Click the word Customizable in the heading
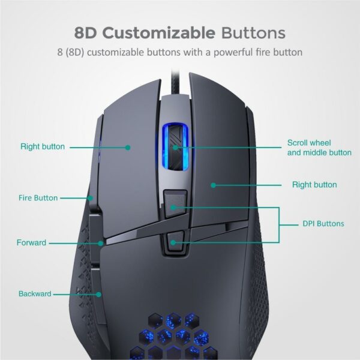[x=160, y=33]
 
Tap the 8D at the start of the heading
[x=85, y=33]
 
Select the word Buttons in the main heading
[x=253, y=33]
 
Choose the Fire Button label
[x=38, y=198]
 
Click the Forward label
[x=31, y=242]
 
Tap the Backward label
[x=35, y=293]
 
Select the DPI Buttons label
[x=323, y=224]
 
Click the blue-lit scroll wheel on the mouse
[x=175, y=147]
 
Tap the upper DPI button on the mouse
[x=175, y=203]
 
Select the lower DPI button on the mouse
[x=175, y=241]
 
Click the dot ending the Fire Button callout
[x=91, y=198]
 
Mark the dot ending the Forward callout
[x=101, y=243]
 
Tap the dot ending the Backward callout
[x=98, y=295]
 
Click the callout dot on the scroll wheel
[x=175, y=148]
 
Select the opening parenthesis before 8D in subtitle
[x=67, y=53]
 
